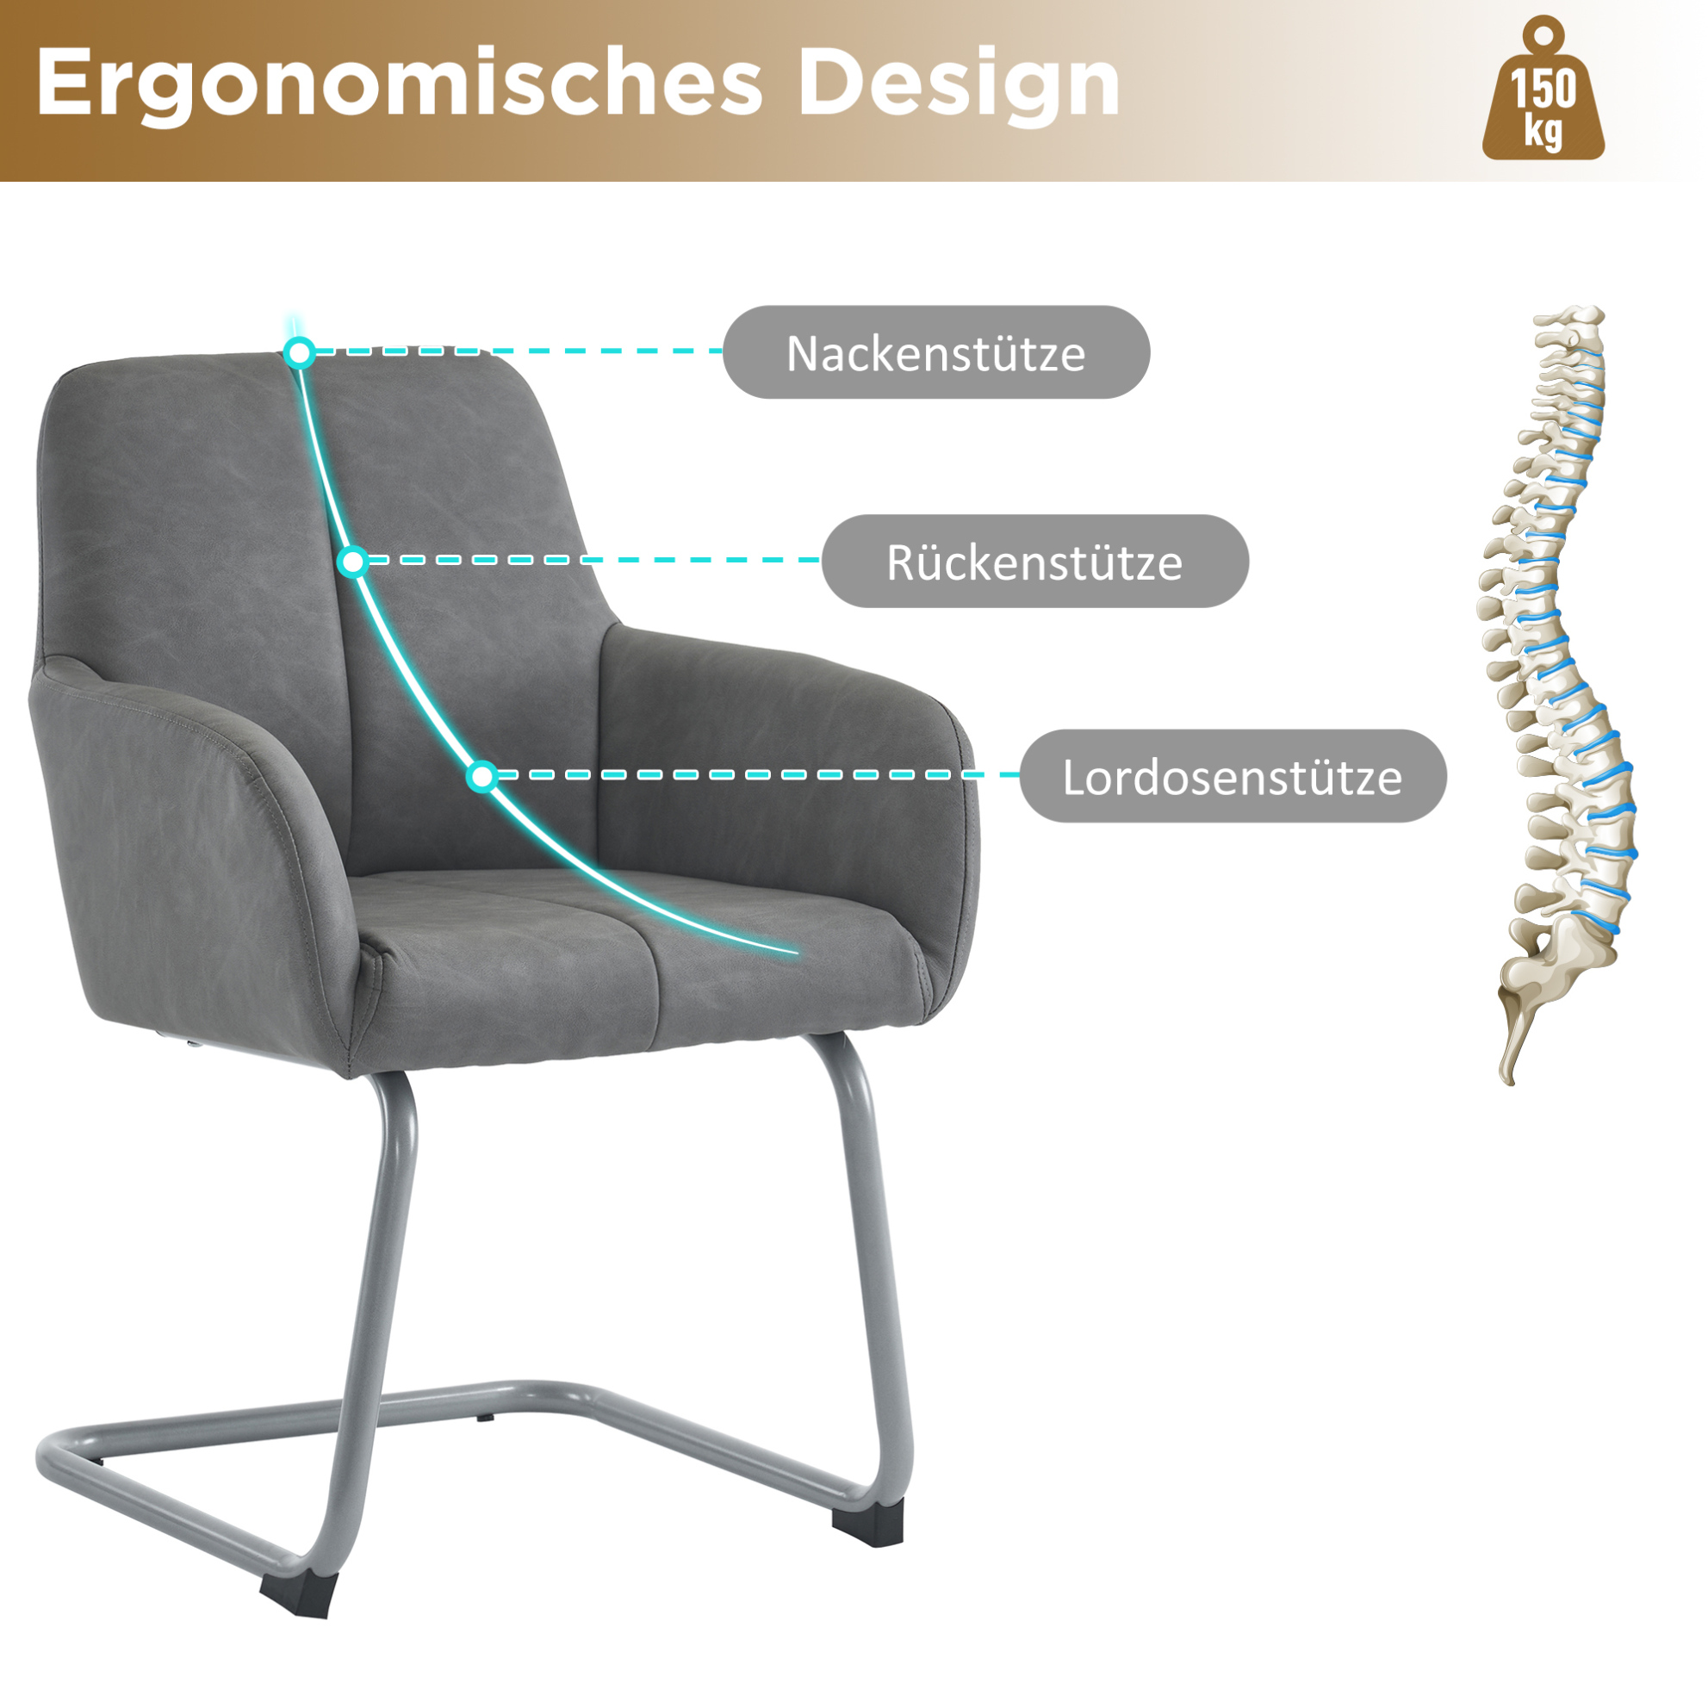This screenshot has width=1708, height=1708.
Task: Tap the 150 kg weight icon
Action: [x=1543, y=90]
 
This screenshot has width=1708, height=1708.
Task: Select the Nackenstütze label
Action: [x=936, y=353]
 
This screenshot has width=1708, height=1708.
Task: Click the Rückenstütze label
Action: [x=1034, y=562]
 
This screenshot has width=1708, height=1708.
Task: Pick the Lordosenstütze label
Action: [x=1233, y=776]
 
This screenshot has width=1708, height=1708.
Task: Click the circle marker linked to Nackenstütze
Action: [x=301, y=353]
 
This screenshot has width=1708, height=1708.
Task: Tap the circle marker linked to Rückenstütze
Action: [x=354, y=562]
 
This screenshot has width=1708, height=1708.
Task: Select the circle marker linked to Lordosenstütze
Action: [x=482, y=776]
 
